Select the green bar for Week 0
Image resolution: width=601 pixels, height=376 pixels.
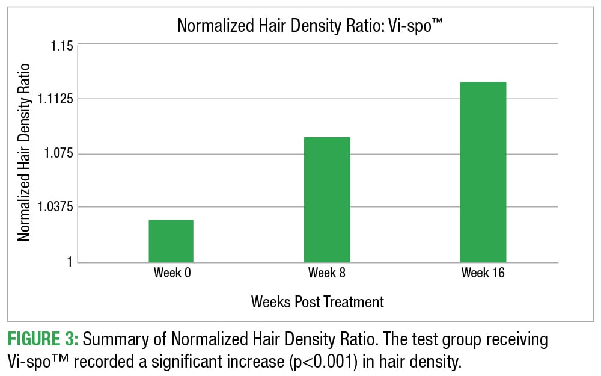coord(171,241)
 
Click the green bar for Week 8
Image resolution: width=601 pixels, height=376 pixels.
coord(327,200)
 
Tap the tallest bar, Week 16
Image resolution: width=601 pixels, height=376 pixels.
coord(483,172)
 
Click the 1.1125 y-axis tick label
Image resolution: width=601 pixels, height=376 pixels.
coord(53,99)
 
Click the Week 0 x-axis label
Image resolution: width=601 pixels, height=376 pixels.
coord(172,273)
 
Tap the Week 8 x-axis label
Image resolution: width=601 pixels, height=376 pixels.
coord(327,273)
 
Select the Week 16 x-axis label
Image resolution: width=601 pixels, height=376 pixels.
coord(483,273)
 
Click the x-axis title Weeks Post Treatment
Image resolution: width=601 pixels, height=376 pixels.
coord(317,301)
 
